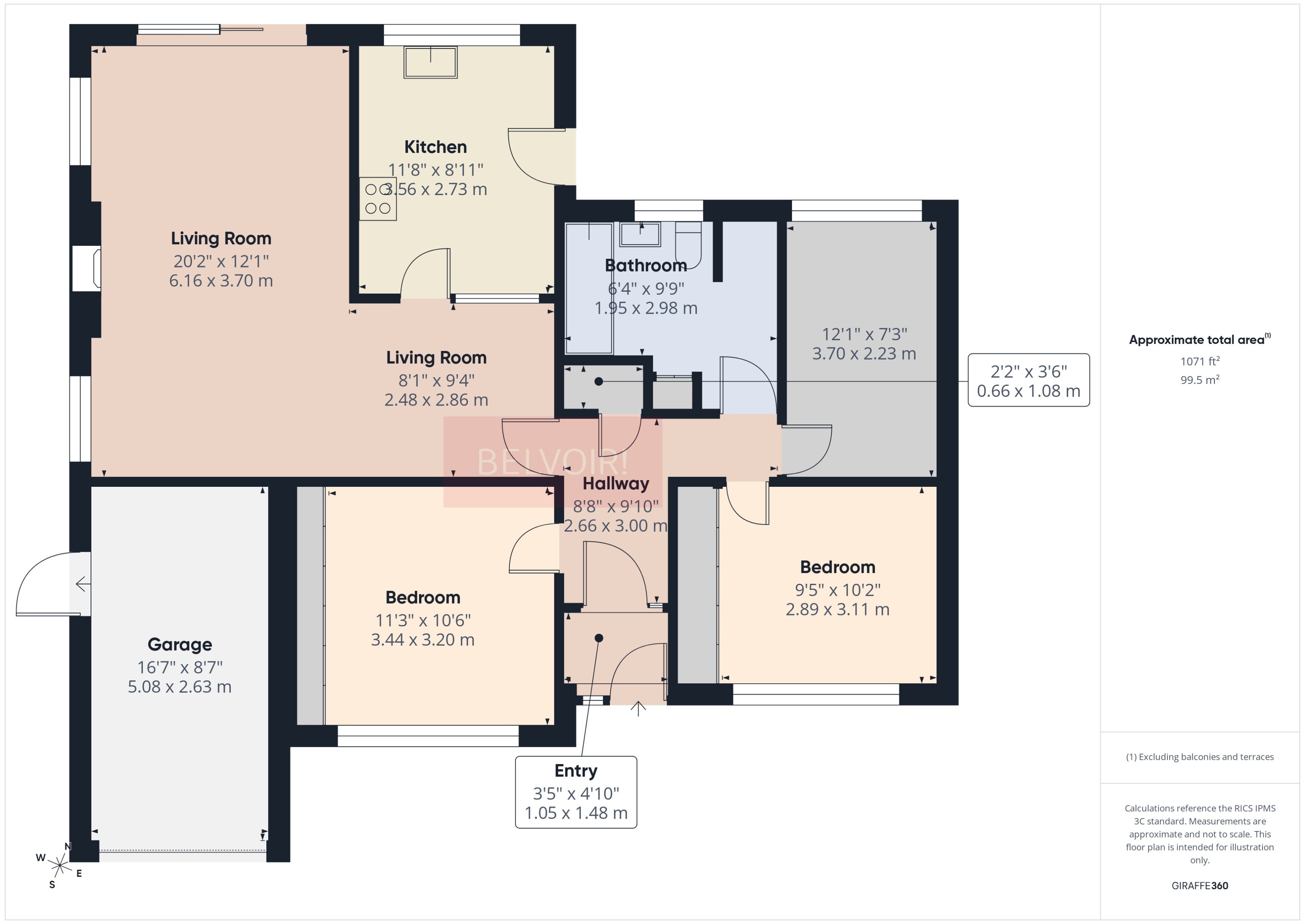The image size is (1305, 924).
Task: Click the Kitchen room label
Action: [435, 147]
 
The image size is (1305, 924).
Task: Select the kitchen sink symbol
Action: [430, 62]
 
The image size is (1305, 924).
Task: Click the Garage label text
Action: [180, 644]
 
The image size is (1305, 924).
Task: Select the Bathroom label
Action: [645, 265]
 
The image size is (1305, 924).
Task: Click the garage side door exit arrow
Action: [82, 584]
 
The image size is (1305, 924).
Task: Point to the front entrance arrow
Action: [638, 709]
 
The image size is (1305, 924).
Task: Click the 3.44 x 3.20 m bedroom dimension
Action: [422, 639]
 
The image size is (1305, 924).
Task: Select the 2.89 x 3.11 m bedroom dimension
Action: [837, 610]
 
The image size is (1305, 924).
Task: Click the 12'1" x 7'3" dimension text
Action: [864, 334]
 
